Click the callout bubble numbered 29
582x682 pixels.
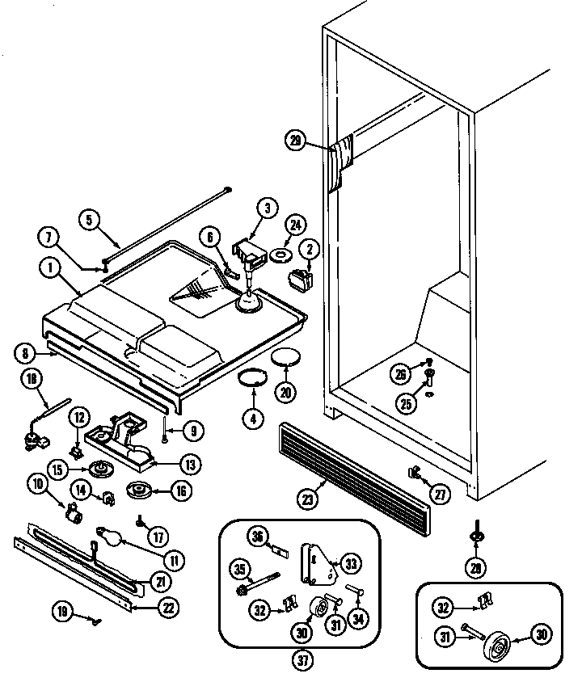[x=296, y=140]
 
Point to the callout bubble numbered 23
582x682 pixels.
[x=305, y=499]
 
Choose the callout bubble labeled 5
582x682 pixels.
[x=91, y=218]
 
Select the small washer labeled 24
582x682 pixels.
[x=280, y=256]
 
